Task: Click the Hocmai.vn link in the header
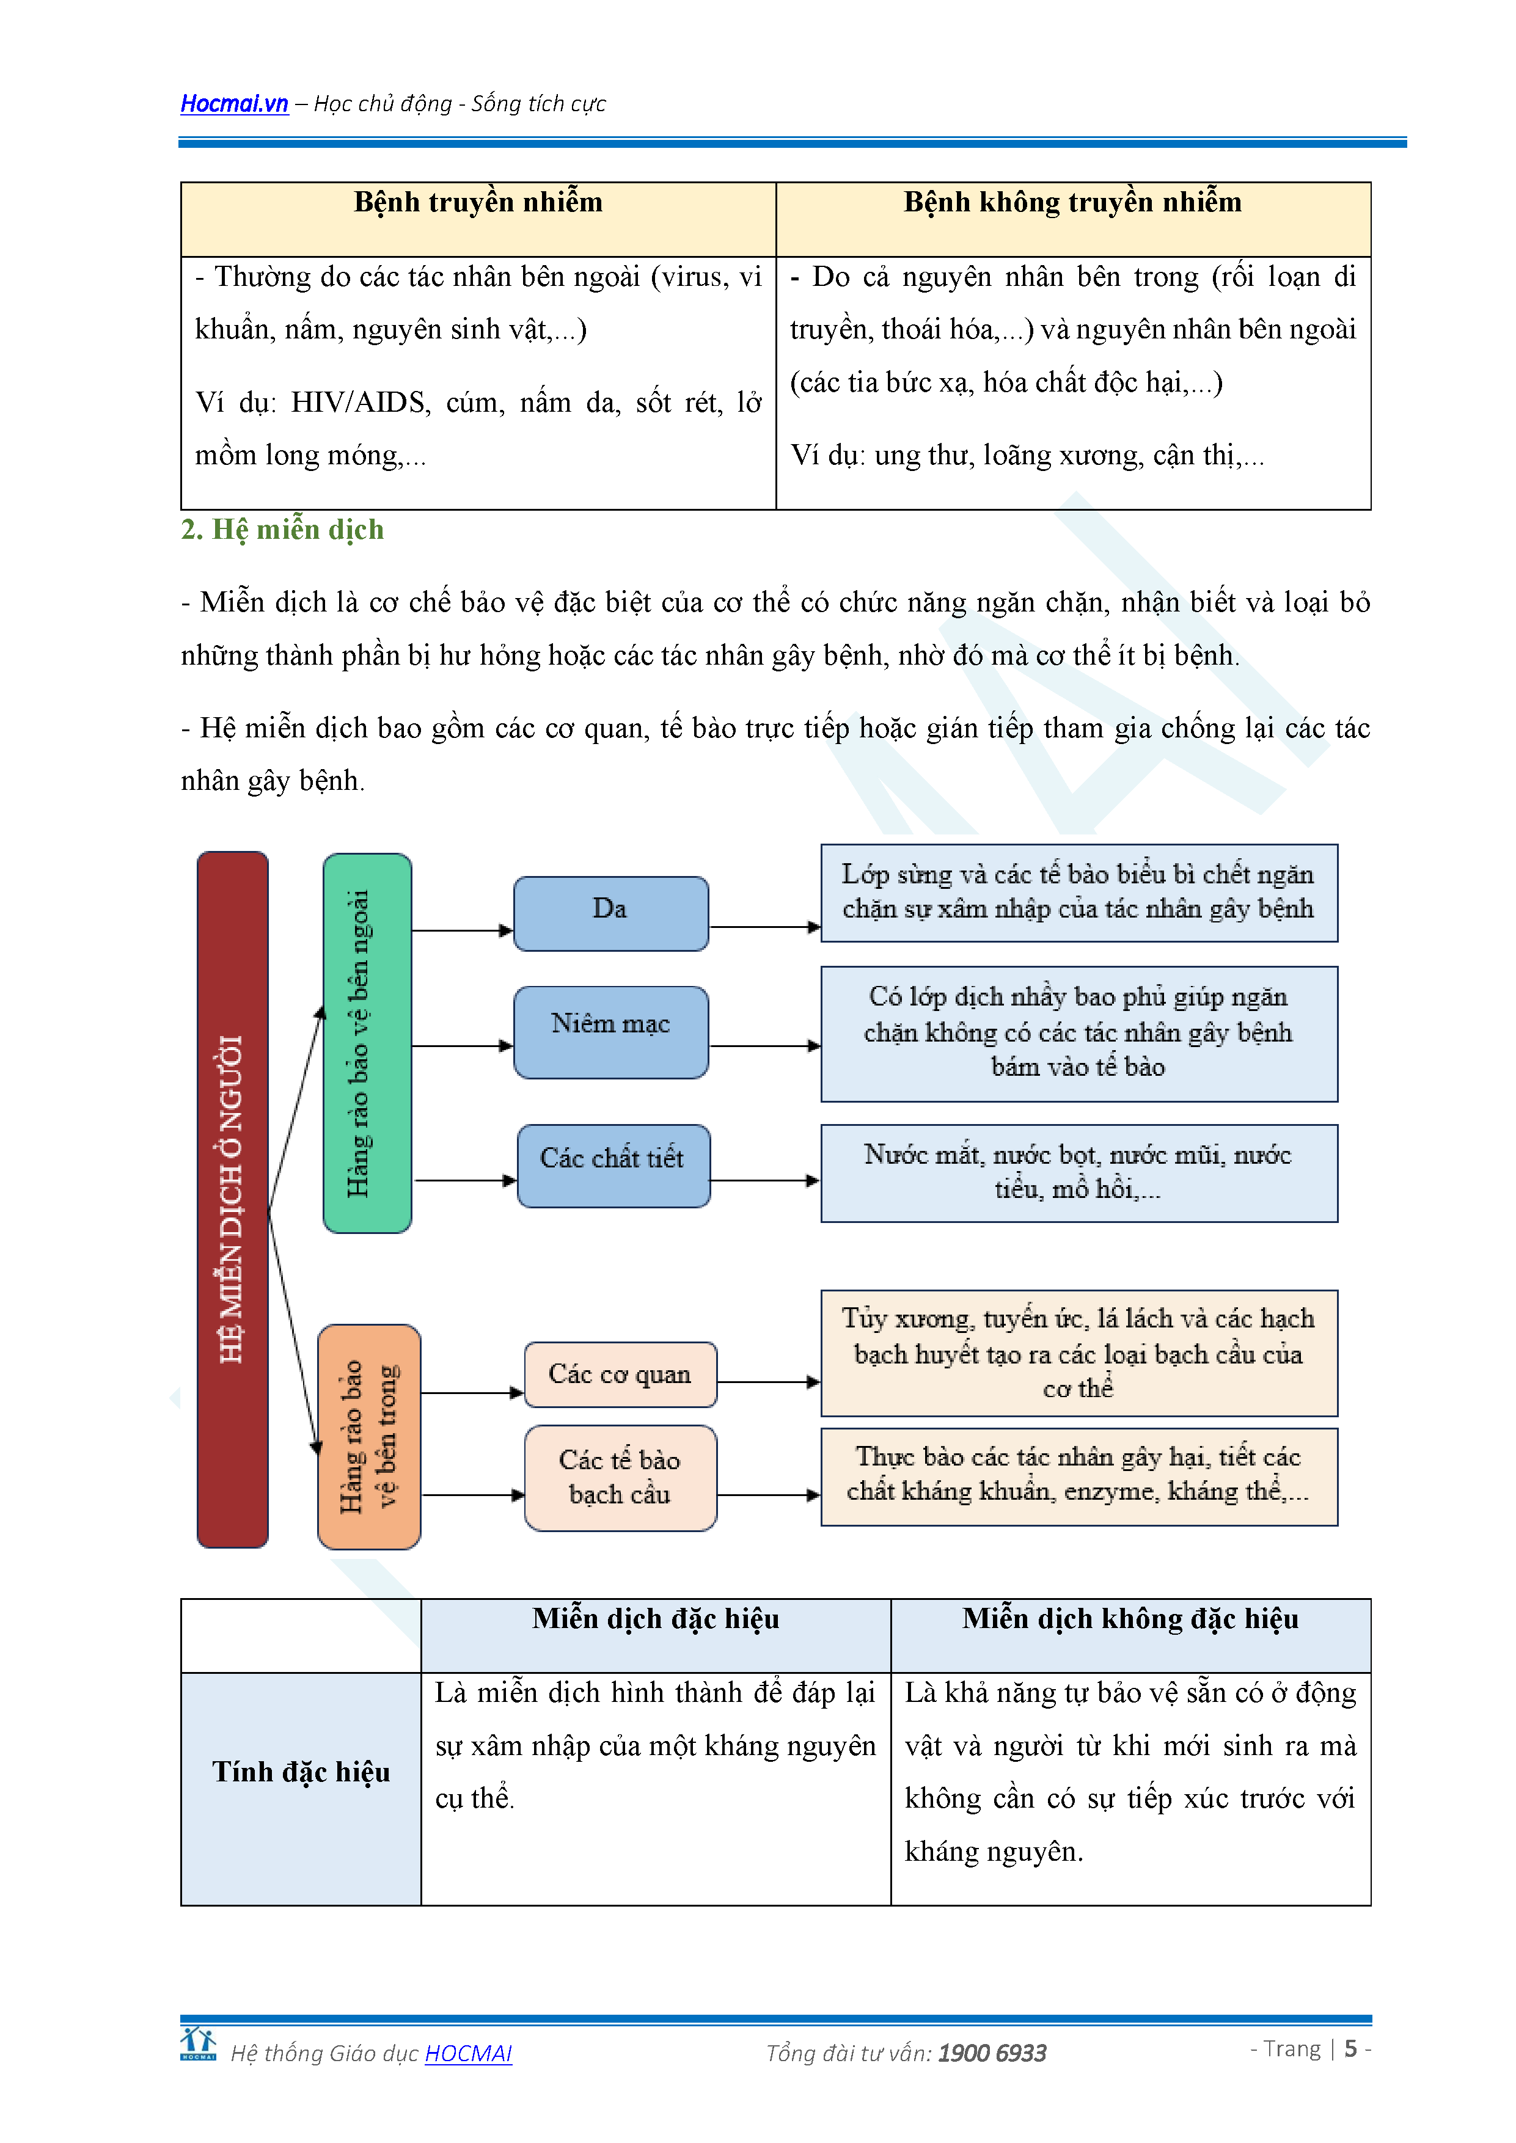pos(233,104)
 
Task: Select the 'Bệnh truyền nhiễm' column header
pos(478,203)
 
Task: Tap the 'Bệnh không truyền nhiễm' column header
pos(1072,203)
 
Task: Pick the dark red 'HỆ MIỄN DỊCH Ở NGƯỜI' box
pos(232,1199)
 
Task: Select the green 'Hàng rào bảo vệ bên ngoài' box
pos(367,1043)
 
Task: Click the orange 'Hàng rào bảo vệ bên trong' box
pos(368,1436)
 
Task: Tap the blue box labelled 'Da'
pos(610,913)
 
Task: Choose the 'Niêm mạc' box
pos(610,1031)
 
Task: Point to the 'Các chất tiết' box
pos(612,1165)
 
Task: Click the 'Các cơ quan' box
pos(620,1374)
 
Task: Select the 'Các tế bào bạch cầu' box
pos(620,1477)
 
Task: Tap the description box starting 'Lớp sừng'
pos(1078,893)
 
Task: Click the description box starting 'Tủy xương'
pos(1078,1353)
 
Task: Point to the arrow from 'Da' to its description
pos(764,927)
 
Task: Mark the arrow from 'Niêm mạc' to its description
pos(764,1045)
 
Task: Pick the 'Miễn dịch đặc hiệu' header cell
pos(655,1619)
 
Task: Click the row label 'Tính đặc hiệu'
pos(301,1772)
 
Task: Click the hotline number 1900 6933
pos(991,2053)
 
